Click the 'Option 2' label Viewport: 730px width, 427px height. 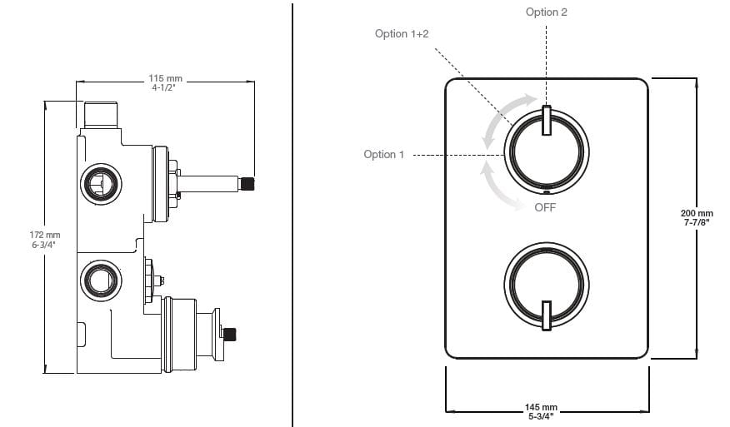point(547,12)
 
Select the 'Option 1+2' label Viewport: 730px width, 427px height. point(402,33)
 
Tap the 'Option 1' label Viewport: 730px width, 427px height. point(384,155)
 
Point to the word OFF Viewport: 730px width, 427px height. point(545,207)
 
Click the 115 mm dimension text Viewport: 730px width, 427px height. point(165,78)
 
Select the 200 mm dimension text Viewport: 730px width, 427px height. point(697,214)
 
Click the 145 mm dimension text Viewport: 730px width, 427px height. point(542,407)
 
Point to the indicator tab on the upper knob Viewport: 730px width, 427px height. point(547,121)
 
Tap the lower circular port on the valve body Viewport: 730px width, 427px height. point(101,279)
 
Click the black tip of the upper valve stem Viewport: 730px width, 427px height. point(247,183)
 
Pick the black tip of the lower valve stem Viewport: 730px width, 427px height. point(229,335)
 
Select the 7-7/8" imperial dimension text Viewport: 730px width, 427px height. point(697,223)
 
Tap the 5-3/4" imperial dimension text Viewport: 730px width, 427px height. point(542,416)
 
